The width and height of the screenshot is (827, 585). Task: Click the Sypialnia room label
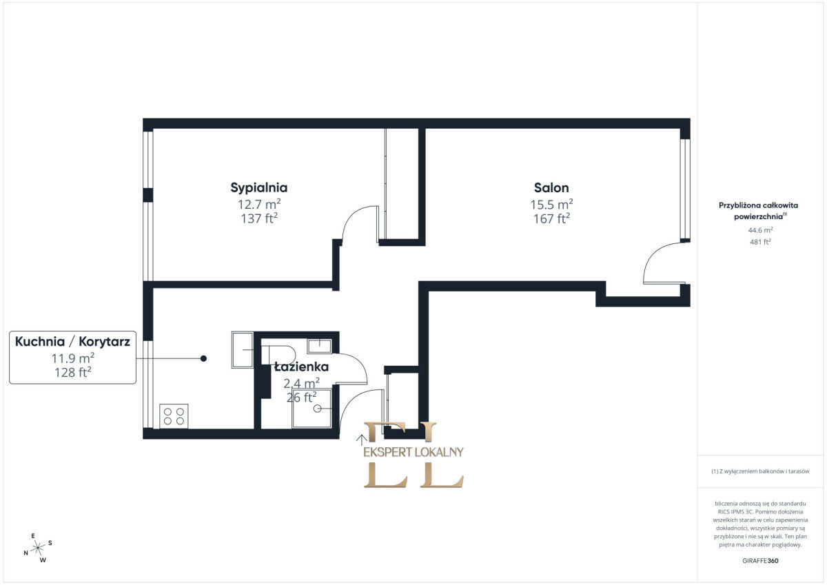point(259,188)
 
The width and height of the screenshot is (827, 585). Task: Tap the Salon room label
point(551,188)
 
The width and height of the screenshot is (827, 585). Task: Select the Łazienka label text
point(301,367)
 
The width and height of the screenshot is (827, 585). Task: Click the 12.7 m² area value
point(259,204)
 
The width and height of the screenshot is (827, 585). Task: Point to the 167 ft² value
point(551,219)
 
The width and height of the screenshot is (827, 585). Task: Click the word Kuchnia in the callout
point(40,342)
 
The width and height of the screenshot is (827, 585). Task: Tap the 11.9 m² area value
point(73,358)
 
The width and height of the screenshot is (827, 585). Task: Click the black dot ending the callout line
point(203,358)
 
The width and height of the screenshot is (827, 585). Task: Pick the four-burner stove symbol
point(174,416)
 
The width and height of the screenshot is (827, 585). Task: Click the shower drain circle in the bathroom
point(317,409)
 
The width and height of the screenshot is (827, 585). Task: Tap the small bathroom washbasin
point(319,346)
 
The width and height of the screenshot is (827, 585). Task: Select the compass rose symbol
point(38,548)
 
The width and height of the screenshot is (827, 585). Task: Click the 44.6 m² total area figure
point(760,230)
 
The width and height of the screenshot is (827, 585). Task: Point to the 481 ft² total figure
point(760,242)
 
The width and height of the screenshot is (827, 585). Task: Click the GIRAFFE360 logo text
point(760,561)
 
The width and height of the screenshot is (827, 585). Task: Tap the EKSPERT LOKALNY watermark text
point(413,452)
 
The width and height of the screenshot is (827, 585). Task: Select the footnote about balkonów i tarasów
point(760,471)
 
